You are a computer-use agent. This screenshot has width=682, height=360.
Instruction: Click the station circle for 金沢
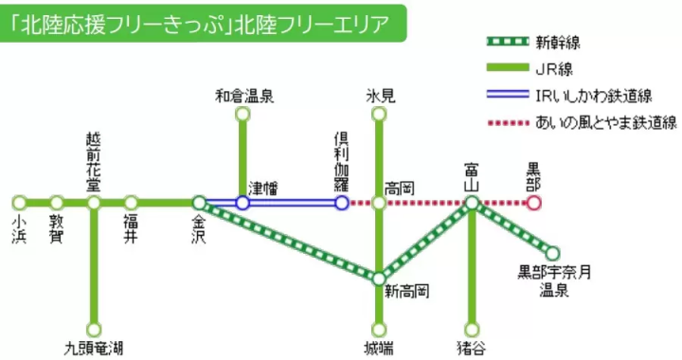pyautogui.click(x=199, y=203)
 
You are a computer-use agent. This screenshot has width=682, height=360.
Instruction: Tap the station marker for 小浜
pyautogui.click(x=19, y=203)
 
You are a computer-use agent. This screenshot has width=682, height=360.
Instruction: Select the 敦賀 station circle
pyautogui.click(x=56, y=203)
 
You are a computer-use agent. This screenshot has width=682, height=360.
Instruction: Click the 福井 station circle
pyautogui.click(x=131, y=203)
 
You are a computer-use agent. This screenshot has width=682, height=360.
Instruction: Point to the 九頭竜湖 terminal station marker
pyautogui.click(x=94, y=330)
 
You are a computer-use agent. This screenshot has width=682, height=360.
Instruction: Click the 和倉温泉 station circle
pyautogui.click(x=242, y=115)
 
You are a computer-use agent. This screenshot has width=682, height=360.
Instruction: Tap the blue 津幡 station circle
pyautogui.click(x=242, y=203)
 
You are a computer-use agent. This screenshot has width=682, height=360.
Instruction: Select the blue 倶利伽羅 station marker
pyautogui.click(x=342, y=203)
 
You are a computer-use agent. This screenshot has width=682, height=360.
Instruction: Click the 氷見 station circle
pyautogui.click(x=379, y=115)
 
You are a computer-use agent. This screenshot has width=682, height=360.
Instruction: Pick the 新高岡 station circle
pyautogui.click(x=379, y=279)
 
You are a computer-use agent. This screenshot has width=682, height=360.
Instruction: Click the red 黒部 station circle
pyautogui.click(x=534, y=203)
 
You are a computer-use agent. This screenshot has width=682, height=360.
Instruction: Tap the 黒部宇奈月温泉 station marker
pyautogui.click(x=552, y=253)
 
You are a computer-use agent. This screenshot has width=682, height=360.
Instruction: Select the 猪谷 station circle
pyautogui.click(x=471, y=330)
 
